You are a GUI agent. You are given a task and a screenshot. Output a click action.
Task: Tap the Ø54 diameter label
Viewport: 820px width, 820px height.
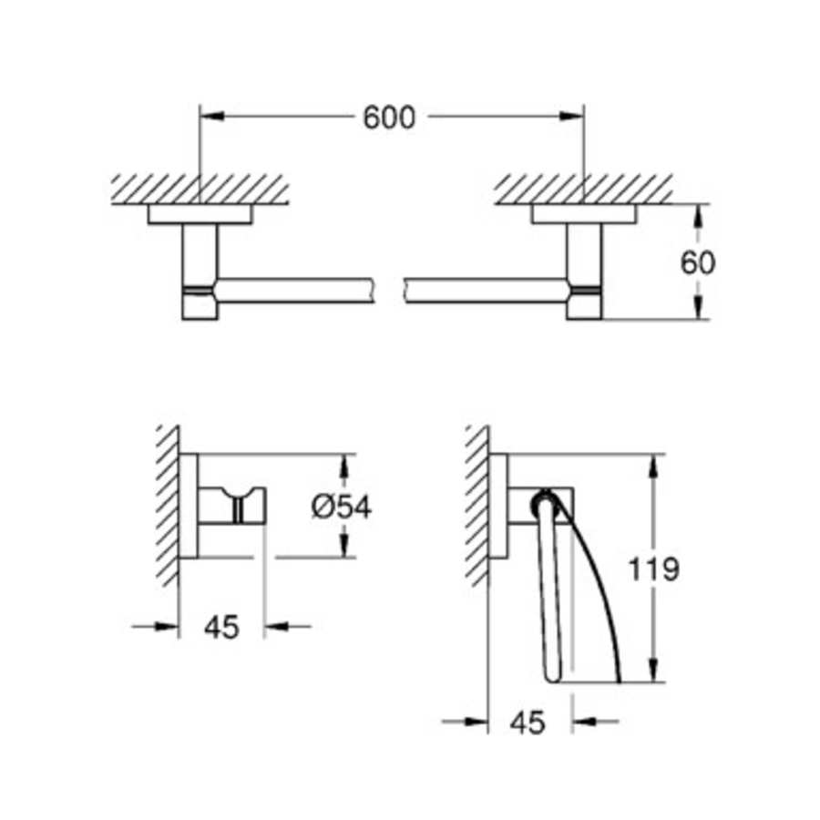[x=341, y=506]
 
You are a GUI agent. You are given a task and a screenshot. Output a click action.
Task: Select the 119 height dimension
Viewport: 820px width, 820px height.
[x=653, y=570]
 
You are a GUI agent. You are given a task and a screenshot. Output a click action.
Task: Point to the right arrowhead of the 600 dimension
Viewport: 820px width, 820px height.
[x=571, y=116]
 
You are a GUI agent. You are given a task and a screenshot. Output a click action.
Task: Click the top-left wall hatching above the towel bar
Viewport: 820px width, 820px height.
[x=200, y=189]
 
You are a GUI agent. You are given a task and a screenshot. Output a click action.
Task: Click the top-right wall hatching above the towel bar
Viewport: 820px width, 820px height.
[x=583, y=189]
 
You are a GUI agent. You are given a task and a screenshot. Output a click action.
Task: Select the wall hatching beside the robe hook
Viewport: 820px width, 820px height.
[x=167, y=506]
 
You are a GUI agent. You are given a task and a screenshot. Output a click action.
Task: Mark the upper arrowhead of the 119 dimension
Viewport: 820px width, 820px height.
[x=653, y=463]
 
